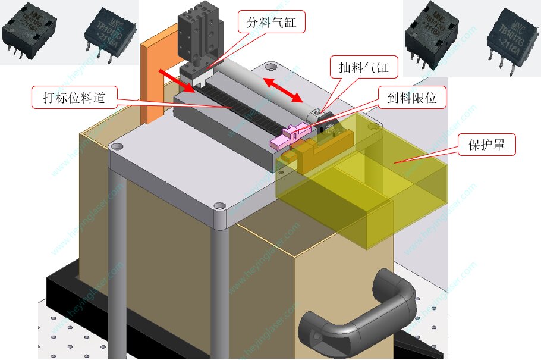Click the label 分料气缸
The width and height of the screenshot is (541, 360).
[x=271, y=24]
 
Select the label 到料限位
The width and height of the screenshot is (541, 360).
[x=412, y=98]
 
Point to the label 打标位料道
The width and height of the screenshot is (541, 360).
[x=74, y=98]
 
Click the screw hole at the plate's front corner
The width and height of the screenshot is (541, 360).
[x=220, y=206]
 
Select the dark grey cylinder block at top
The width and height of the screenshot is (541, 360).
[x=199, y=36]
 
